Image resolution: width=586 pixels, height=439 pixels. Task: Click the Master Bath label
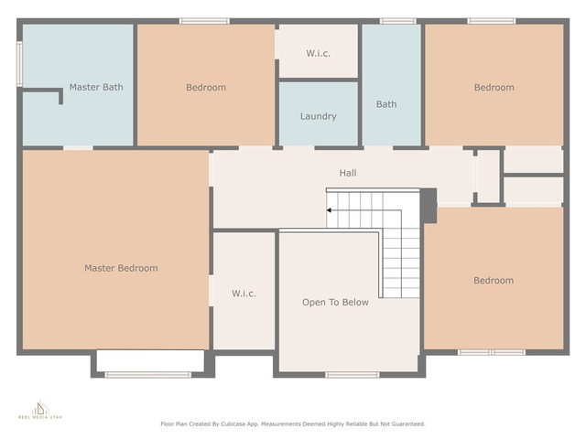click(x=96, y=87)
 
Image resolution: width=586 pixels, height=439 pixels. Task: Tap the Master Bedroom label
click(x=121, y=268)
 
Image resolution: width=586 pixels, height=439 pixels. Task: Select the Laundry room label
click(x=319, y=116)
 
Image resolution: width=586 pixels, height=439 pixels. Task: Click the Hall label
click(x=348, y=173)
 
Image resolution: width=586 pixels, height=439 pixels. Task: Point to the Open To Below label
click(x=335, y=302)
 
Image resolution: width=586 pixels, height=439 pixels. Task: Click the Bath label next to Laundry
click(x=386, y=104)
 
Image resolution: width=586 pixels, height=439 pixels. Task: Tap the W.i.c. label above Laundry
click(x=319, y=53)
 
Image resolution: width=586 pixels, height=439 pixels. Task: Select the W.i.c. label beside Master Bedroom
click(x=244, y=294)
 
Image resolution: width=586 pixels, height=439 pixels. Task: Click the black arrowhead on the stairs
click(x=329, y=210)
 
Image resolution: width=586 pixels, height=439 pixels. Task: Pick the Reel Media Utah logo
click(x=40, y=410)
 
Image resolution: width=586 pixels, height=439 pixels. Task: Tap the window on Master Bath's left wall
click(x=19, y=64)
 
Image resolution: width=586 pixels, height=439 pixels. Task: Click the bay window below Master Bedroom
click(x=148, y=374)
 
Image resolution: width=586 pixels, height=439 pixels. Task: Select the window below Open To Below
click(x=352, y=374)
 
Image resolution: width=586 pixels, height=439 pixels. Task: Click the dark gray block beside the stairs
click(x=429, y=206)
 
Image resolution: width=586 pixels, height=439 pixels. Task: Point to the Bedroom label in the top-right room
click(x=494, y=88)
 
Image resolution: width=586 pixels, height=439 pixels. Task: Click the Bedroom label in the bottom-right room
click(x=494, y=281)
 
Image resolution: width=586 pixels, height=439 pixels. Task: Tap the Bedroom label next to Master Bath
click(x=206, y=88)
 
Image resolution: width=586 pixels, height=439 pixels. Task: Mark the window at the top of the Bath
click(x=398, y=21)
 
